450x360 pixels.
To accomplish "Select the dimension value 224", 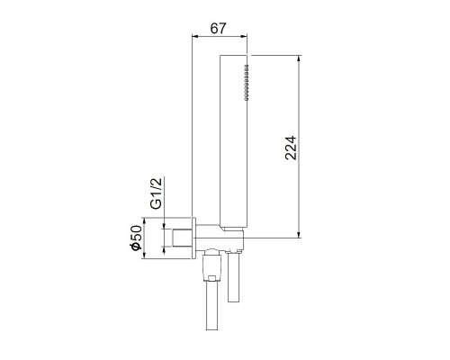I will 290,147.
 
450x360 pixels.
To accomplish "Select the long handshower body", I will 235,144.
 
